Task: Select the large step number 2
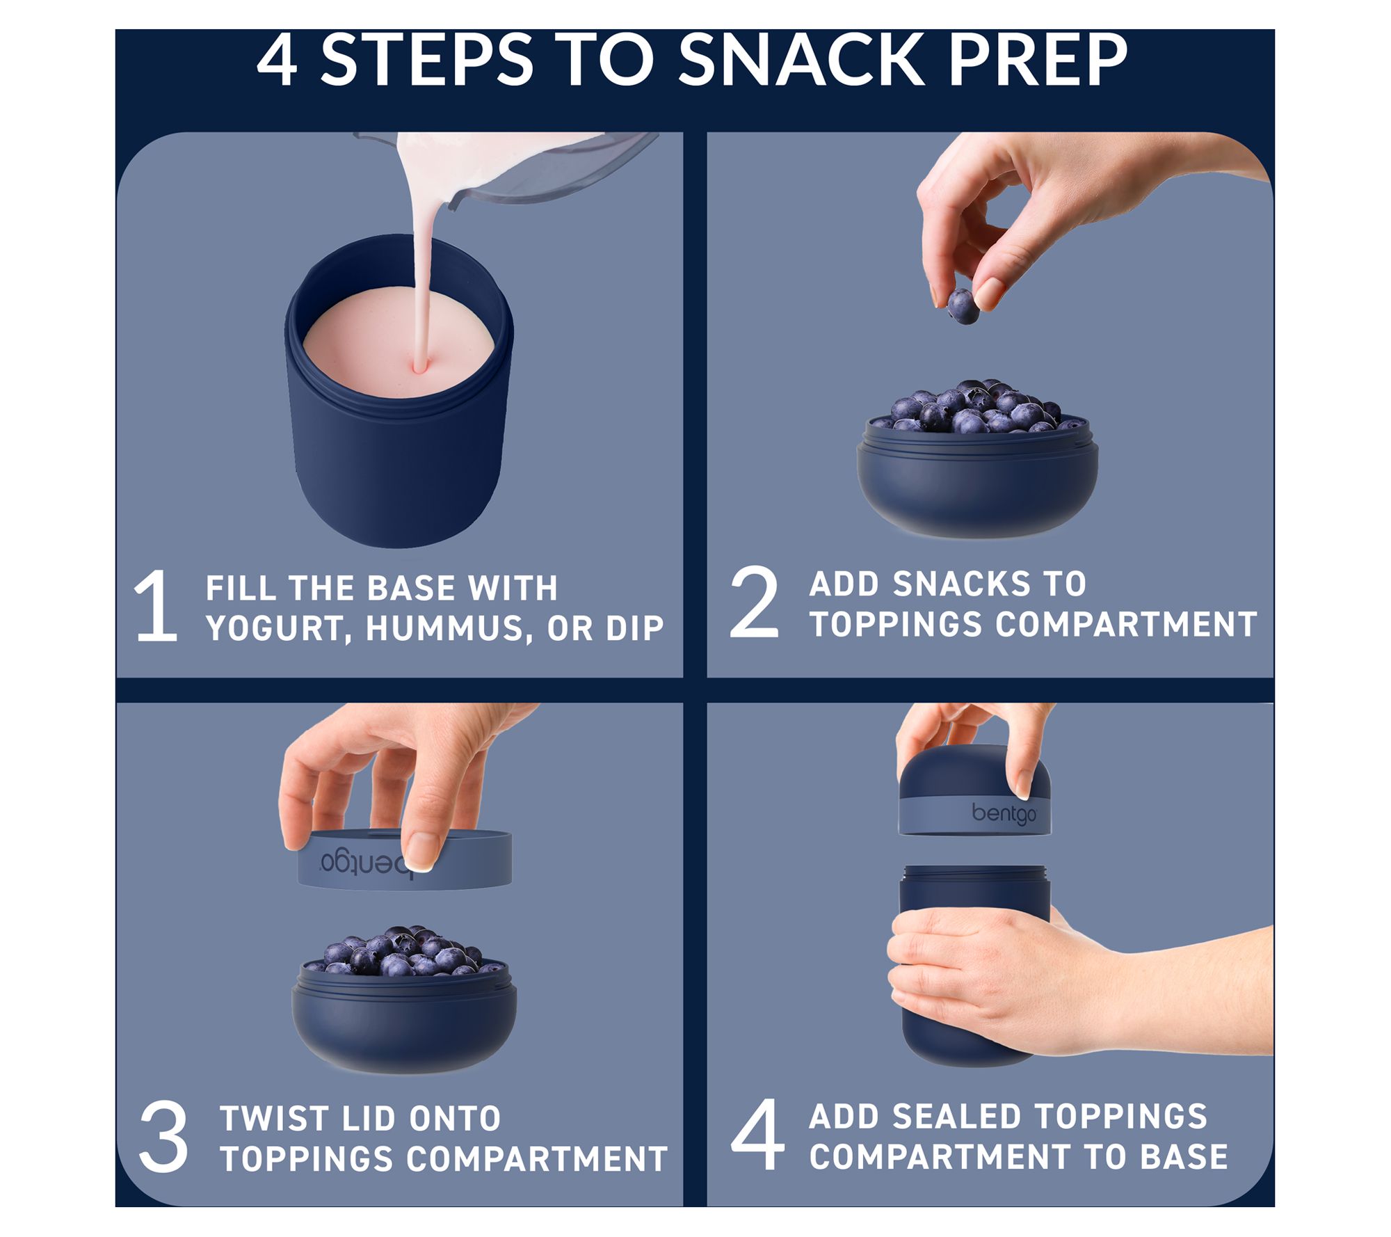[754, 602]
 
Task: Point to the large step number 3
[163, 1138]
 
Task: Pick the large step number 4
[757, 1135]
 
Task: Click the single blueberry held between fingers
[963, 306]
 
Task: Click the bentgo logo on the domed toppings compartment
[1004, 813]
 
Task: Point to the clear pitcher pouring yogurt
[529, 167]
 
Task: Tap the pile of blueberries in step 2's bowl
[977, 408]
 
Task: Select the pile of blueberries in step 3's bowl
[403, 951]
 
